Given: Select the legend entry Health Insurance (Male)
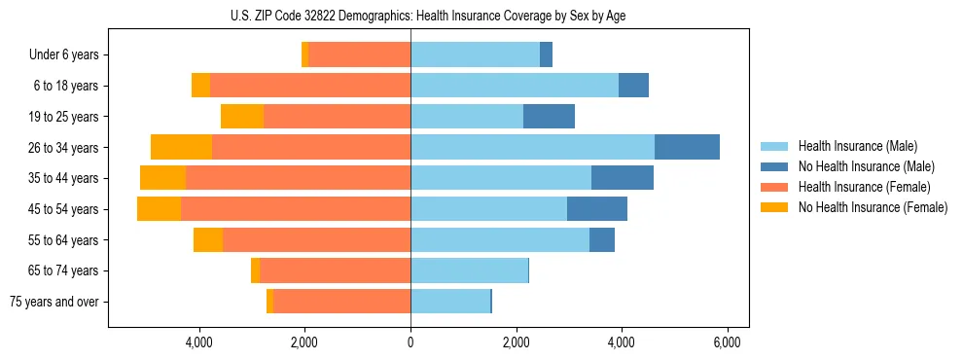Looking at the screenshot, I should [x=856, y=146].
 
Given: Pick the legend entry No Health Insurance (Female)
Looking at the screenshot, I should [x=872, y=207].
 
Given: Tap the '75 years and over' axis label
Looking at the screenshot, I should [x=54, y=302].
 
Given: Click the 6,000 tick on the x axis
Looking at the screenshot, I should [x=728, y=343].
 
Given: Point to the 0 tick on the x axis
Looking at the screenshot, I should [x=410, y=343].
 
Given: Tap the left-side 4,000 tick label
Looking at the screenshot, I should [x=199, y=343].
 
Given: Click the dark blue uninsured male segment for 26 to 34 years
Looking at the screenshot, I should [x=687, y=147].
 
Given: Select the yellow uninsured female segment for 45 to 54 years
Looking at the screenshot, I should [x=159, y=209].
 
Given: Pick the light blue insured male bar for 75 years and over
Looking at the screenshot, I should [x=450, y=302].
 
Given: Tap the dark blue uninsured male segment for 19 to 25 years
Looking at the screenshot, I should [x=549, y=117].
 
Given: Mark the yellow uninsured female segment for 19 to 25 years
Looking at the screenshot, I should [x=242, y=117].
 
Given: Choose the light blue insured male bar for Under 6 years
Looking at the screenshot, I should [x=475, y=55].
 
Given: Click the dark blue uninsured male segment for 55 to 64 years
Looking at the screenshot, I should [x=601, y=240].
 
